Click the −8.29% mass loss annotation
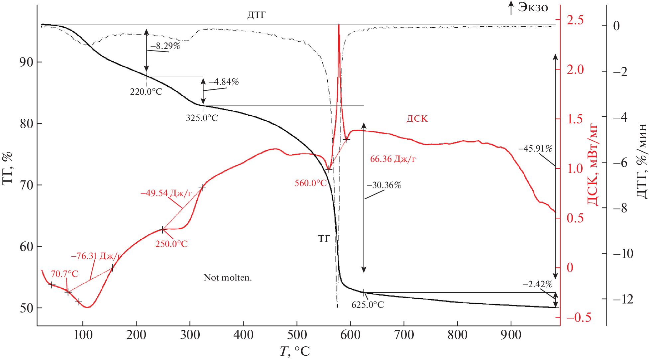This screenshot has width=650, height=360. pos(165,46)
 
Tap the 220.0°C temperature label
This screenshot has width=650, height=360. pos(146,92)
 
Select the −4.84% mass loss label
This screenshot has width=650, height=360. pos(224,82)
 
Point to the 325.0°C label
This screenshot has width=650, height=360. pos(202,118)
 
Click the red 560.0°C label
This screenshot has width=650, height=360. pos(310,183)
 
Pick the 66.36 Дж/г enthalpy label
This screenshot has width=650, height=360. pos(392,159)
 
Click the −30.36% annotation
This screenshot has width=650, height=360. pos(384,185)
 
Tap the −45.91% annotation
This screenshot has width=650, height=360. pos(535,149)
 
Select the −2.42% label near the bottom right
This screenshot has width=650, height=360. pos(537,284)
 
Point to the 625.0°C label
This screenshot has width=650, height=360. pos(368,305)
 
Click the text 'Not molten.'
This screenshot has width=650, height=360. pos(228,278)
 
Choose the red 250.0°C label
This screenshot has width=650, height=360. pos(171,244)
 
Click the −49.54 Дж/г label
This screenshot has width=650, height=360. pos(166,193)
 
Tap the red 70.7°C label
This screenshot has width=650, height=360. pos(64,274)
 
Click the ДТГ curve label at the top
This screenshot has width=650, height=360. pos(256,15)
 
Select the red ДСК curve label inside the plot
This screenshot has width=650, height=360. pos(417,119)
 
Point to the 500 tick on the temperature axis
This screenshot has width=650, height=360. pos(297,335)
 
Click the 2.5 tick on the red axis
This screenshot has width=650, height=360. pos(575,20)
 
